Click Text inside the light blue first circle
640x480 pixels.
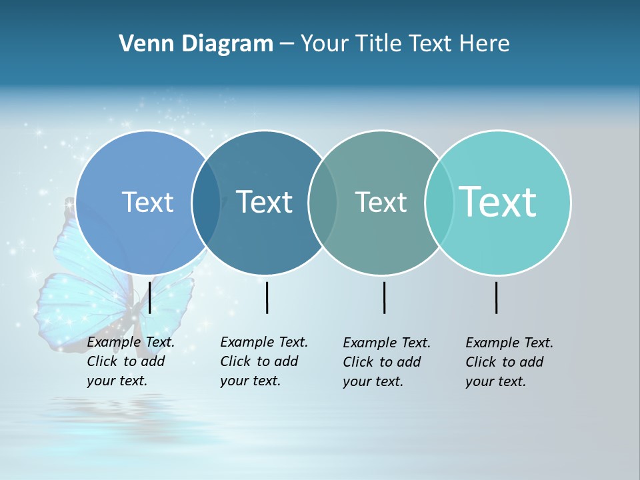[x=147, y=202]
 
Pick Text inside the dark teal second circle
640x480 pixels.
[x=264, y=202]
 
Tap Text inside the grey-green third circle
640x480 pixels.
[x=381, y=202]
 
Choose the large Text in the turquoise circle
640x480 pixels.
[x=498, y=202]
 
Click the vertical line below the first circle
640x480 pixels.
[x=150, y=297]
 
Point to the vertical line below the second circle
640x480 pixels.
[x=267, y=297]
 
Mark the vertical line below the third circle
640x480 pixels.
[x=385, y=297]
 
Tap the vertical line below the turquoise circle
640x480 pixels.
[x=497, y=297]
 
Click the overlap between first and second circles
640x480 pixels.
[x=206, y=203]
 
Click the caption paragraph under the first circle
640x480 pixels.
[x=130, y=361]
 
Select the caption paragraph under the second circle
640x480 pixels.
[x=263, y=361]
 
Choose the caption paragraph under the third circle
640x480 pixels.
[x=386, y=362]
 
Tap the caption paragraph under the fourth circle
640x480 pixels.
[x=509, y=362]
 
